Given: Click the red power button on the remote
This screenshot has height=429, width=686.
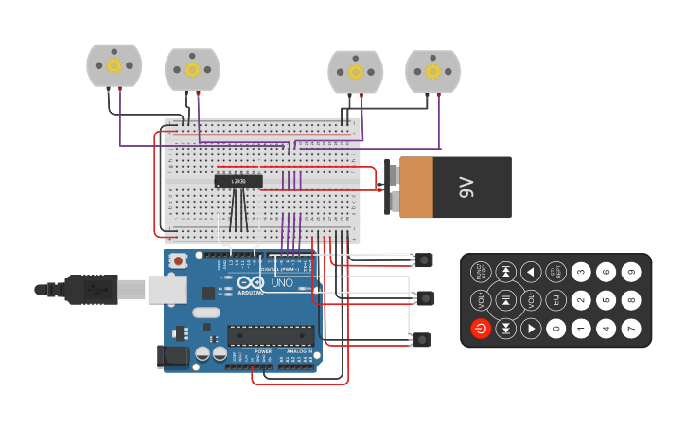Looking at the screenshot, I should tap(481, 329).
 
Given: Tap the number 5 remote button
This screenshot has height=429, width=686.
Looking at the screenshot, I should tap(606, 300).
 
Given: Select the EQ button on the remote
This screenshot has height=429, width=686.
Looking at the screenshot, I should tap(556, 300).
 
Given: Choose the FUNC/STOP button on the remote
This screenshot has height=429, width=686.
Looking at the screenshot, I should tap(481, 273).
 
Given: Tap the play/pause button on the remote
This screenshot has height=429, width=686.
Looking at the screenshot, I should tap(506, 300).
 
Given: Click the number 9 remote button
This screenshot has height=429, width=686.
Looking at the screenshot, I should tap(630, 273).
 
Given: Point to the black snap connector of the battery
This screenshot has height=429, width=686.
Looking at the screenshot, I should tap(390, 188).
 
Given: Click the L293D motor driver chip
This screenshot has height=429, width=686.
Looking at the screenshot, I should tap(238, 181).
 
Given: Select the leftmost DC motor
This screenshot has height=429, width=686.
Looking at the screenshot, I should tap(114, 65).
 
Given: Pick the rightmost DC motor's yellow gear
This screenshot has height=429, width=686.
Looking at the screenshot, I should tap(433, 71).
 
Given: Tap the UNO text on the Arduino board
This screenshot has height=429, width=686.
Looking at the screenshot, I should tap(282, 283).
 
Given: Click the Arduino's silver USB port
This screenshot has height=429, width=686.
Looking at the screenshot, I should tap(167, 289).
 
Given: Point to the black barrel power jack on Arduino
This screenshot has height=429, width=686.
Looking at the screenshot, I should tap(174, 356).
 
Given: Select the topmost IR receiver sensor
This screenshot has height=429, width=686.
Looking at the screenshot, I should tap(423, 259).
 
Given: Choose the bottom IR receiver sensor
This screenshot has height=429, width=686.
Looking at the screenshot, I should tap(423, 339).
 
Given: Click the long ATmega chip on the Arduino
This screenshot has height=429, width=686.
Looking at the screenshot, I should tap(271, 335).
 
